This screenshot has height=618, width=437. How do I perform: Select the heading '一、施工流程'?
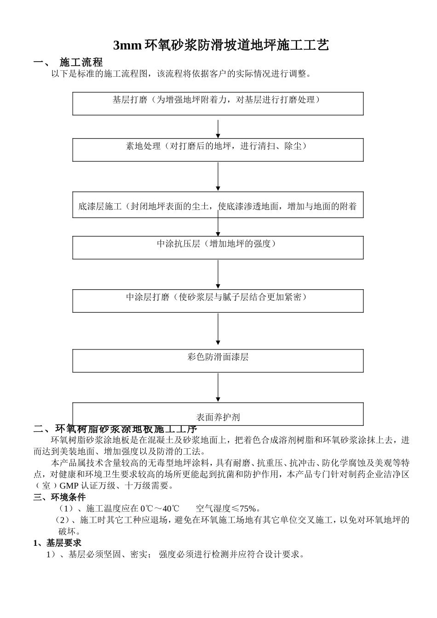(x=68, y=62)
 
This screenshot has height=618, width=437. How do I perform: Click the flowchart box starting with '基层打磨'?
(x=218, y=103)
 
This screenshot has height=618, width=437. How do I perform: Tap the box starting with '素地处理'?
(x=218, y=150)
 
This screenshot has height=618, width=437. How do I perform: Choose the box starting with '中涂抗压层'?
(x=218, y=247)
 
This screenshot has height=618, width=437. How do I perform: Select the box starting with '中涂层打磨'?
(x=218, y=301)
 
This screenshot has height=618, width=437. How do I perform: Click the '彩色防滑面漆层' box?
(x=218, y=360)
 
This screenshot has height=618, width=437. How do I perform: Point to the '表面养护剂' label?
(x=218, y=418)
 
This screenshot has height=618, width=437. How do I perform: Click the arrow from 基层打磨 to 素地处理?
(x=218, y=129)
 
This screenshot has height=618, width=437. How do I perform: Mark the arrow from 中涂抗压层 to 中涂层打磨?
(x=218, y=275)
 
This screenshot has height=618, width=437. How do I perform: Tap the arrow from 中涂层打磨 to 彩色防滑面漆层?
(x=218, y=329)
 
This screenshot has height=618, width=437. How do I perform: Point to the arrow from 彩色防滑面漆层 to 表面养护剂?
(x=218, y=388)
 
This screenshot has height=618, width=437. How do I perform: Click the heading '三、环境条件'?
(x=59, y=497)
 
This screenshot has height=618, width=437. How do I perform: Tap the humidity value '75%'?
(x=248, y=509)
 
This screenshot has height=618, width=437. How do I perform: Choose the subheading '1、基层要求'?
(x=57, y=543)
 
